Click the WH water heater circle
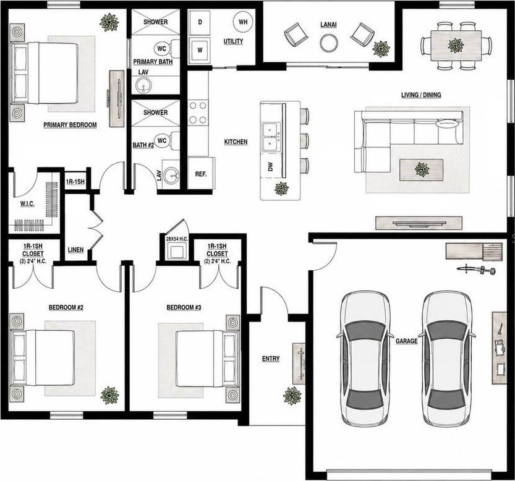tap(243, 22)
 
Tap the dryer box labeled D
tap(200, 22)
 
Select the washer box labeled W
tap(200, 50)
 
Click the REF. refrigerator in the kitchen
tap(201, 174)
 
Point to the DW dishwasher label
tap(270, 167)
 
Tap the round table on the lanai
tap(329, 43)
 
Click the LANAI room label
tap(328, 25)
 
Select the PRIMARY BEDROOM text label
tap(70, 125)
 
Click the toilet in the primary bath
tap(166, 49)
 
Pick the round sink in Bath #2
tap(171, 174)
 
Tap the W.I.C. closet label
tap(27, 203)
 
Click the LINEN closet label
tap(75, 250)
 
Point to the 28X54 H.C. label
tap(177, 239)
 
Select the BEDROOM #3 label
tap(184, 307)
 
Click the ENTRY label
tap(271, 359)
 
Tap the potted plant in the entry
tap(292, 396)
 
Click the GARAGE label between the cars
tap(407, 341)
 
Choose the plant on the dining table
tap(456, 45)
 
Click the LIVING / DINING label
tap(421, 95)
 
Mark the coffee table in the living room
tap(422, 169)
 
